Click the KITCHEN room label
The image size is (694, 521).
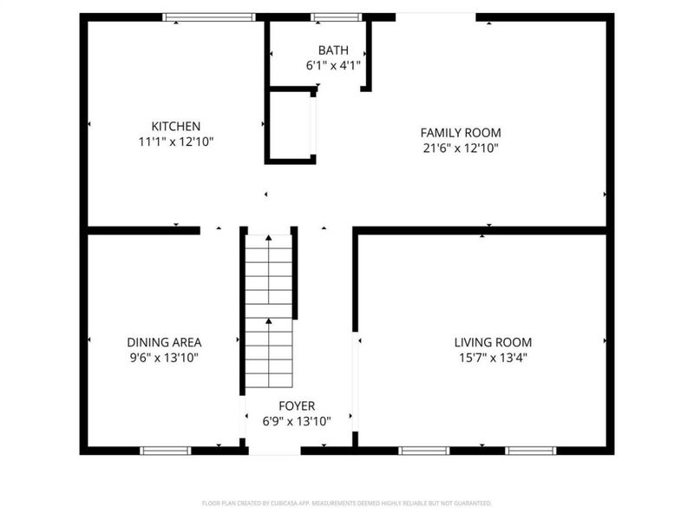[176, 126]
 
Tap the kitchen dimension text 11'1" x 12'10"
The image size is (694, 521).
[176, 141]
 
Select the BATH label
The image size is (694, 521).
[332, 50]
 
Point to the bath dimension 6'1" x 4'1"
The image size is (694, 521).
[332, 65]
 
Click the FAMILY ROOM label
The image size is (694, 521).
[461, 133]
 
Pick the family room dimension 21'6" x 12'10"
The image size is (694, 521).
[461, 148]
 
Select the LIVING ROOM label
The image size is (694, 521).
[493, 342]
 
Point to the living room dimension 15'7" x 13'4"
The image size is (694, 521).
[493, 357]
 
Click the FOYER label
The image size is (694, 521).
[297, 406]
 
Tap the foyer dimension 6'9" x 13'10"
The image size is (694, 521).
[297, 421]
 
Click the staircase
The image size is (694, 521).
[269, 313]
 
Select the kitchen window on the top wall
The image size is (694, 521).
[210, 16]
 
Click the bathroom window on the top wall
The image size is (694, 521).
[336, 16]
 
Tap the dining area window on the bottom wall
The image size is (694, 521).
[166, 451]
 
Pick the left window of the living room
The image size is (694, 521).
[424, 451]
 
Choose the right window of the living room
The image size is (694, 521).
[530, 451]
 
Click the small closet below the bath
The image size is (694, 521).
[290, 125]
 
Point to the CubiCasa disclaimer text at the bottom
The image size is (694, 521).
[347, 503]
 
